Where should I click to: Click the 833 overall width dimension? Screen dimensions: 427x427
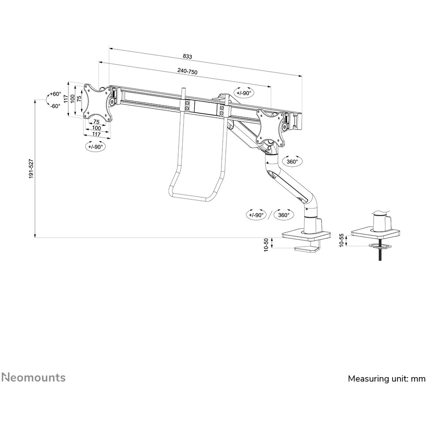(187, 56)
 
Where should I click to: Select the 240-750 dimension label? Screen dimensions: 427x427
(187, 71)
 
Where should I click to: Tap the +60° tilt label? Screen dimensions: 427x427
(55, 94)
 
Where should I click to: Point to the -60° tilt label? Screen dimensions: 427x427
(55, 106)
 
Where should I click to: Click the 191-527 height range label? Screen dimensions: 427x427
(31, 169)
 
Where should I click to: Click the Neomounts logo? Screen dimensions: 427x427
(33, 378)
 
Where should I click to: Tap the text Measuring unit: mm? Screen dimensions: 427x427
(386, 378)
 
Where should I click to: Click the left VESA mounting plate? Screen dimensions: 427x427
(98, 102)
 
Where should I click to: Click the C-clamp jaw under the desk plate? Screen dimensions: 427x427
(307, 250)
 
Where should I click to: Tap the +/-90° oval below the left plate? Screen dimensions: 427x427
(95, 147)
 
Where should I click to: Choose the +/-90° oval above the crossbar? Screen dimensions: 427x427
(244, 93)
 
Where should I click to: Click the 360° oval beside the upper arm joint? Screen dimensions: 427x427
(292, 161)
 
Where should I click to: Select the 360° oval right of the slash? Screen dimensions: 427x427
(284, 215)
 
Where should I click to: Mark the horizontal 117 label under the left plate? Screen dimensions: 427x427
(96, 134)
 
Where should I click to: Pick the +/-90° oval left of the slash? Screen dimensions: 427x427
(256, 215)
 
